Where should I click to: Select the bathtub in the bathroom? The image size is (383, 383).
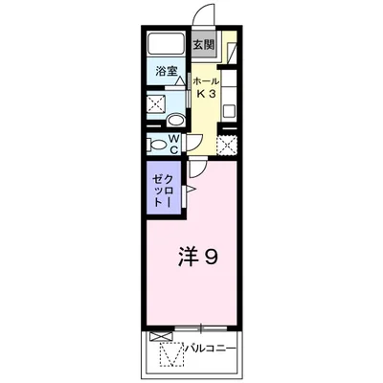click(167, 44)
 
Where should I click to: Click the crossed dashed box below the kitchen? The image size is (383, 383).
click(226, 145)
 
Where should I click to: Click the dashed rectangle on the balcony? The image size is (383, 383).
click(169, 357)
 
